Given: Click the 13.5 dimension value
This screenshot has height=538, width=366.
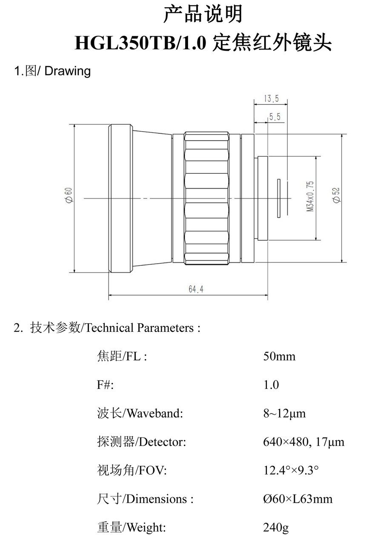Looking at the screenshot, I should click(271, 99).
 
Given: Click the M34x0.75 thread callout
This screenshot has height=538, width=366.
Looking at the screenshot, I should click(310, 197).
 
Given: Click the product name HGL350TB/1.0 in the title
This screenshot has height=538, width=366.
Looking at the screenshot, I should click(140, 43).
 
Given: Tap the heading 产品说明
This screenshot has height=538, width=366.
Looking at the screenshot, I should click(203, 14).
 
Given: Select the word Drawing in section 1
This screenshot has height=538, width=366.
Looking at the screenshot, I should click(68, 71).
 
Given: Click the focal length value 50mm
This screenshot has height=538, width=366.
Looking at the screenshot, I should click(279, 356).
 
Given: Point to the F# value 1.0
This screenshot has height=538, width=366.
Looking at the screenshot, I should click(271, 385).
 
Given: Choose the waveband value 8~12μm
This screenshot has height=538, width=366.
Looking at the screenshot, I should click(284, 413).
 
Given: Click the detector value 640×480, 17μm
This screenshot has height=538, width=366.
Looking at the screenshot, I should click(303, 442).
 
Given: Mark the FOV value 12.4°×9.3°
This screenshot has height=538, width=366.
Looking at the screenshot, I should click(291, 471).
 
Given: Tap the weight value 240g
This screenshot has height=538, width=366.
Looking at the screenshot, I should click(276, 528).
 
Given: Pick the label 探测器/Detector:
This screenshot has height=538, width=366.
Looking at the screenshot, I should click(141, 442).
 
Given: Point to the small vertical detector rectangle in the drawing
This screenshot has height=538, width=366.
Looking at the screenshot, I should click(279, 198).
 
